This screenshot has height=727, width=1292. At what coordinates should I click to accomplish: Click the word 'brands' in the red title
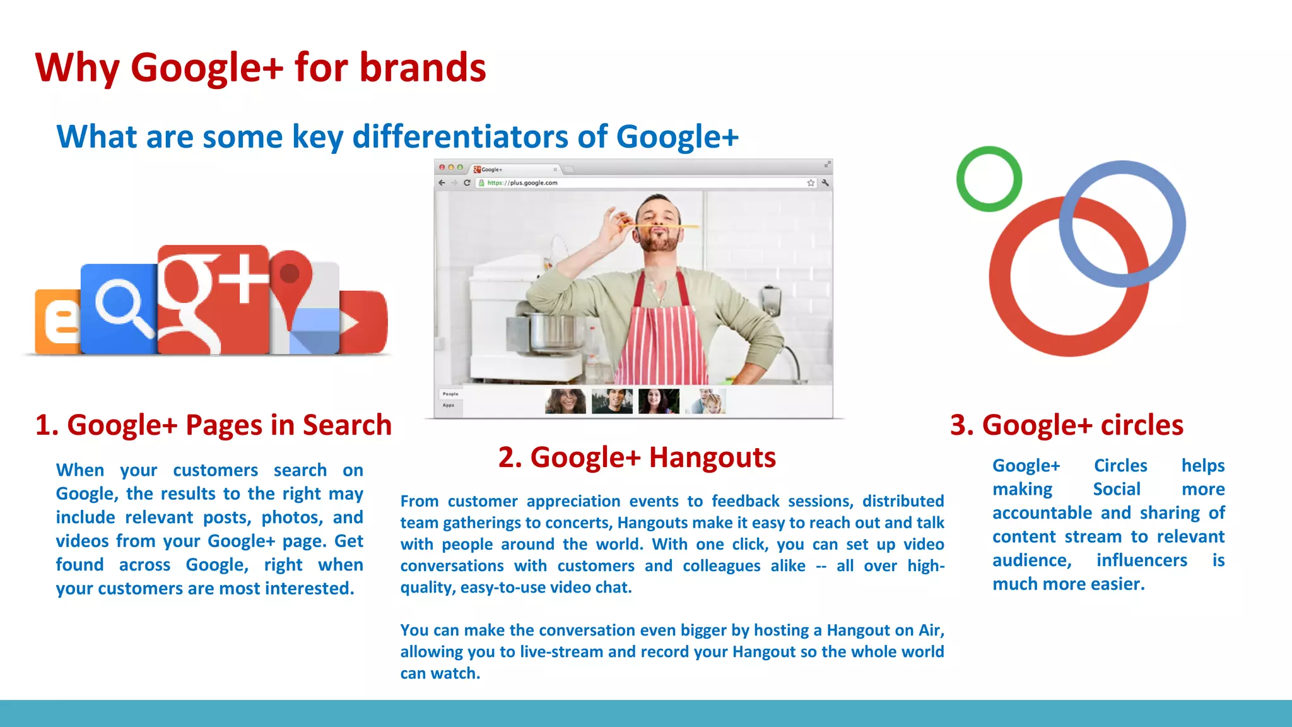pyautogui.click(x=422, y=68)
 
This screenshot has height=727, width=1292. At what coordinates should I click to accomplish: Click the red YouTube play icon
pyautogui.click(x=363, y=322)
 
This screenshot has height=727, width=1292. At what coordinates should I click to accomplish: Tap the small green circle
pyautogui.click(x=989, y=179)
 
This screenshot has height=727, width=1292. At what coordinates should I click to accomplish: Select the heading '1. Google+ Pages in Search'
pyautogui.click(x=213, y=425)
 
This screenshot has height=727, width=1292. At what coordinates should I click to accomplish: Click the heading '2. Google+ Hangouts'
pyautogui.click(x=637, y=457)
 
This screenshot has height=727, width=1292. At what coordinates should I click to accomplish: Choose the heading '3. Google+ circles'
pyautogui.click(x=1066, y=425)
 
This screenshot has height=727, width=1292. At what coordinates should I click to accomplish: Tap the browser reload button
pyautogui.click(x=467, y=183)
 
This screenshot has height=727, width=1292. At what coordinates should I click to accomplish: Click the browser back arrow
pyautogui.click(x=442, y=183)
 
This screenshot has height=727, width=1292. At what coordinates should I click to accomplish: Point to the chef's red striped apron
pyautogui.click(x=662, y=334)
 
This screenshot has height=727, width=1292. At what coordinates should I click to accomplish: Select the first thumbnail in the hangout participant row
pyautogui.click(x=565, y=401)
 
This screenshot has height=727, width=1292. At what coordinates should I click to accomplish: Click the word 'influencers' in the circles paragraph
pyautogui.click(x=1141, y=560)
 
